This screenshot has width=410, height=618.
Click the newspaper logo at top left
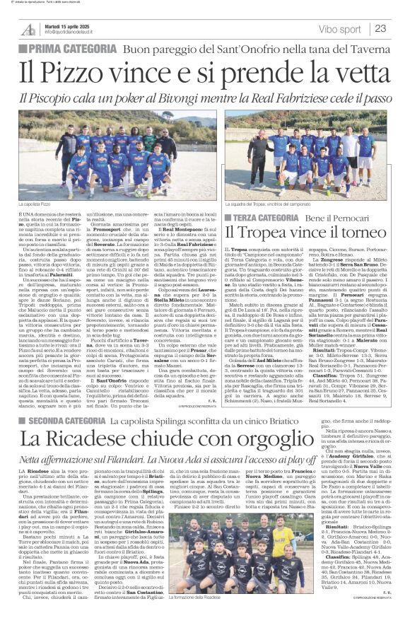(28, 29)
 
